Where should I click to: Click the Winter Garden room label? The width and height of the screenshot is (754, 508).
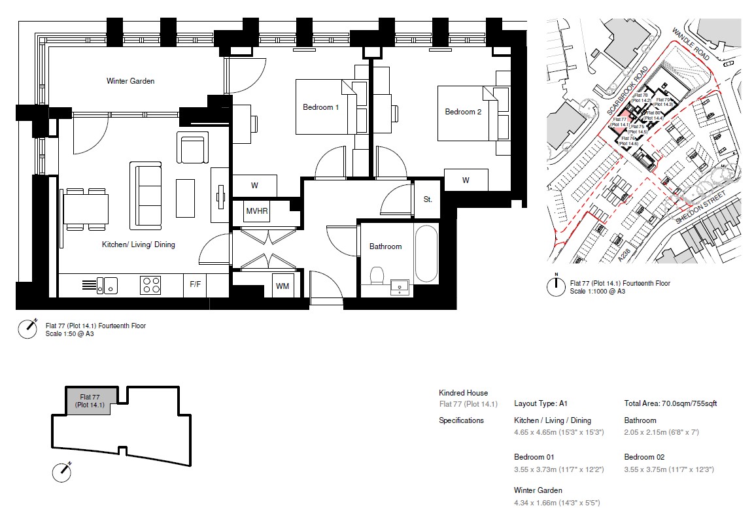[x=130, y=81]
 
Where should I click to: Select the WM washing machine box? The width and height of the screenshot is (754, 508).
[x=283, y=286]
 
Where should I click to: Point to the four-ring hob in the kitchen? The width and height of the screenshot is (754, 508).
[x=150, y=285]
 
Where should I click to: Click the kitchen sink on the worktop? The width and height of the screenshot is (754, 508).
[x=107, y=285]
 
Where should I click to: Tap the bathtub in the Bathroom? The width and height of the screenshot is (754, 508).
[x=426, y=254]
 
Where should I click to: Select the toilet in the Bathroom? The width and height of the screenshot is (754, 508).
[x=377, y=277]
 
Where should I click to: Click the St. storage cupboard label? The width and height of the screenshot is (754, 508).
[x=427, y=199]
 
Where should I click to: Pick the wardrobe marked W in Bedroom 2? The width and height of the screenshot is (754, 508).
[x=466, y=180]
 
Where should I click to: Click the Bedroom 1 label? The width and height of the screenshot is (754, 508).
[x=320, y=107]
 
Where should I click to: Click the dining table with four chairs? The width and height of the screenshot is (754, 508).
[x=86, y=209]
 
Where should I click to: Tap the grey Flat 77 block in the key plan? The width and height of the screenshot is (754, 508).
[x=91, y=400]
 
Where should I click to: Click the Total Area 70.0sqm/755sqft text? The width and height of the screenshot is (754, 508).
[x=670, y=403]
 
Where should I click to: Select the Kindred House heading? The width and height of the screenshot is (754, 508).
[x=463, y=393]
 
